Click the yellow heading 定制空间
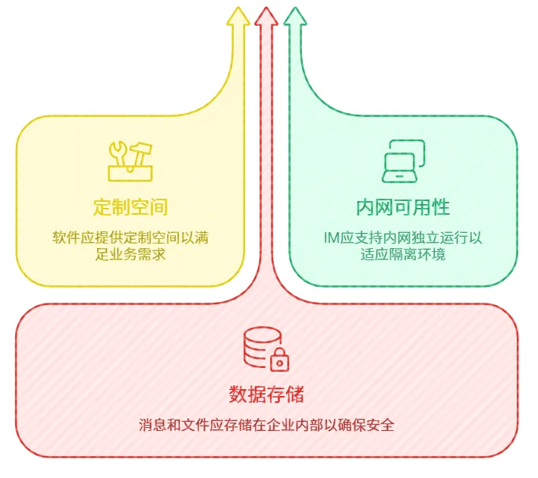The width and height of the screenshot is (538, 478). click(131, 206)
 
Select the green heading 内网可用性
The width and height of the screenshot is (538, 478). click(403, 206)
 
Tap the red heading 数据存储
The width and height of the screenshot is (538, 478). click(266, 395)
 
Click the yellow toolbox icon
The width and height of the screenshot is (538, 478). click(131, 161)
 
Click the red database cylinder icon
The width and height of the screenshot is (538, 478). click(258, 347)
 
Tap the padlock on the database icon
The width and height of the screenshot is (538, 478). click(280, 360)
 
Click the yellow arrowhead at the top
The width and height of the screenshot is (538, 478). click(238, 18)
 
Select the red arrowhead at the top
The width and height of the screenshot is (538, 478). click(266, 17)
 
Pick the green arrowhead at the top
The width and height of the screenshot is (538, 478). click(295, 18)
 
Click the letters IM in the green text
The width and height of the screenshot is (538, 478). click(332, 237)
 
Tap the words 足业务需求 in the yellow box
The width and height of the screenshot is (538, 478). click(131, 254)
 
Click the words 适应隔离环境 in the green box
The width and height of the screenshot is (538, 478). click(403, 254)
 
